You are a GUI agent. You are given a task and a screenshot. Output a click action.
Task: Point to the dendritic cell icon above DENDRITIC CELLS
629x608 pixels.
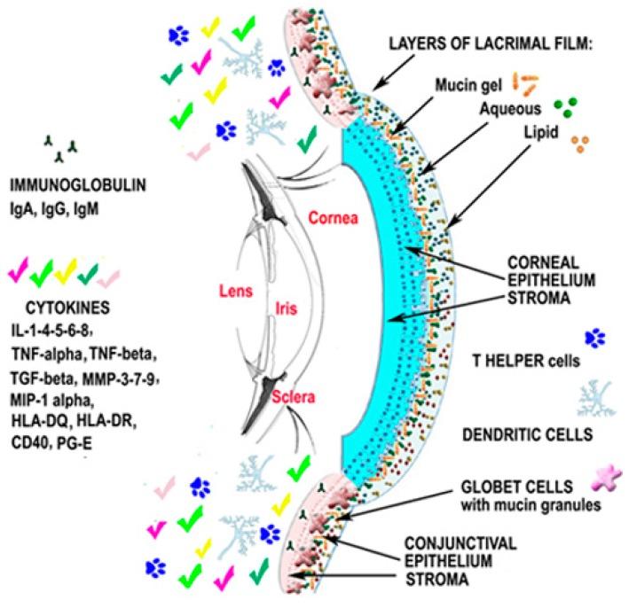[594, 397]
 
